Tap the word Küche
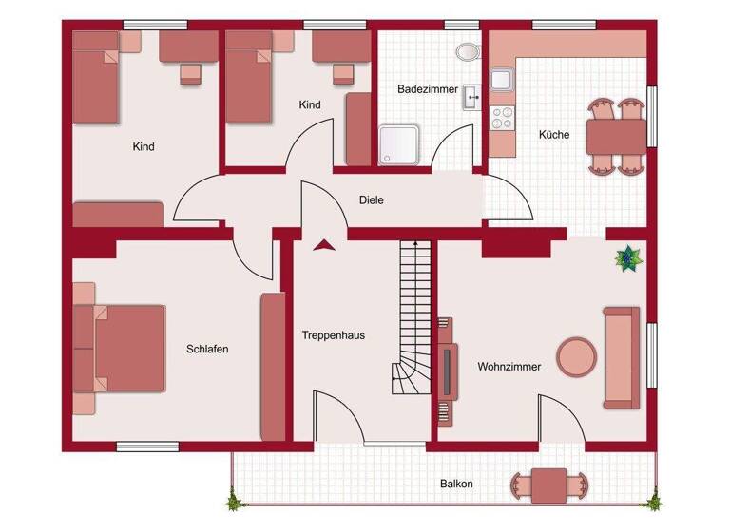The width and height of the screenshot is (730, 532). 554,135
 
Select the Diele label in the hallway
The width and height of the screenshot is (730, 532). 372,200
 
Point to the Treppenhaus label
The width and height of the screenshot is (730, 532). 333,335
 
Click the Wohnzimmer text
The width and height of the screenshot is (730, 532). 509,366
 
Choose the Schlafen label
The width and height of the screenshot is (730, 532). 207,349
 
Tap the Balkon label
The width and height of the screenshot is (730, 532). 456,484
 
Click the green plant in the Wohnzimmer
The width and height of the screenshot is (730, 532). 627,256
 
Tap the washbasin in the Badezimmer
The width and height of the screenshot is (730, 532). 471,96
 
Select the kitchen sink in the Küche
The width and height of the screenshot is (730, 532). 501,81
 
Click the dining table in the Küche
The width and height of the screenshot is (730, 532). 618,136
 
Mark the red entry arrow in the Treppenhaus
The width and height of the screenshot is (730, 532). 325,245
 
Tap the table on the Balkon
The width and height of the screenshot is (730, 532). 548,485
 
